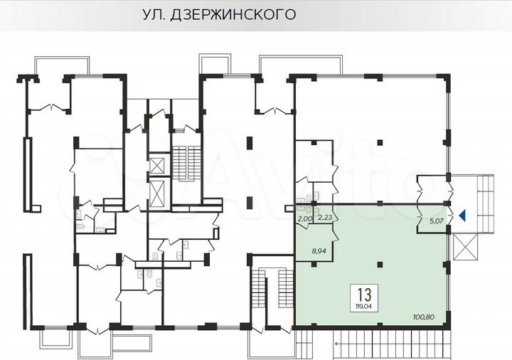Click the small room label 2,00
click(304, 218)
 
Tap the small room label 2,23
click(325, 218)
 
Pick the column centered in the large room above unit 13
click(378, 141)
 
